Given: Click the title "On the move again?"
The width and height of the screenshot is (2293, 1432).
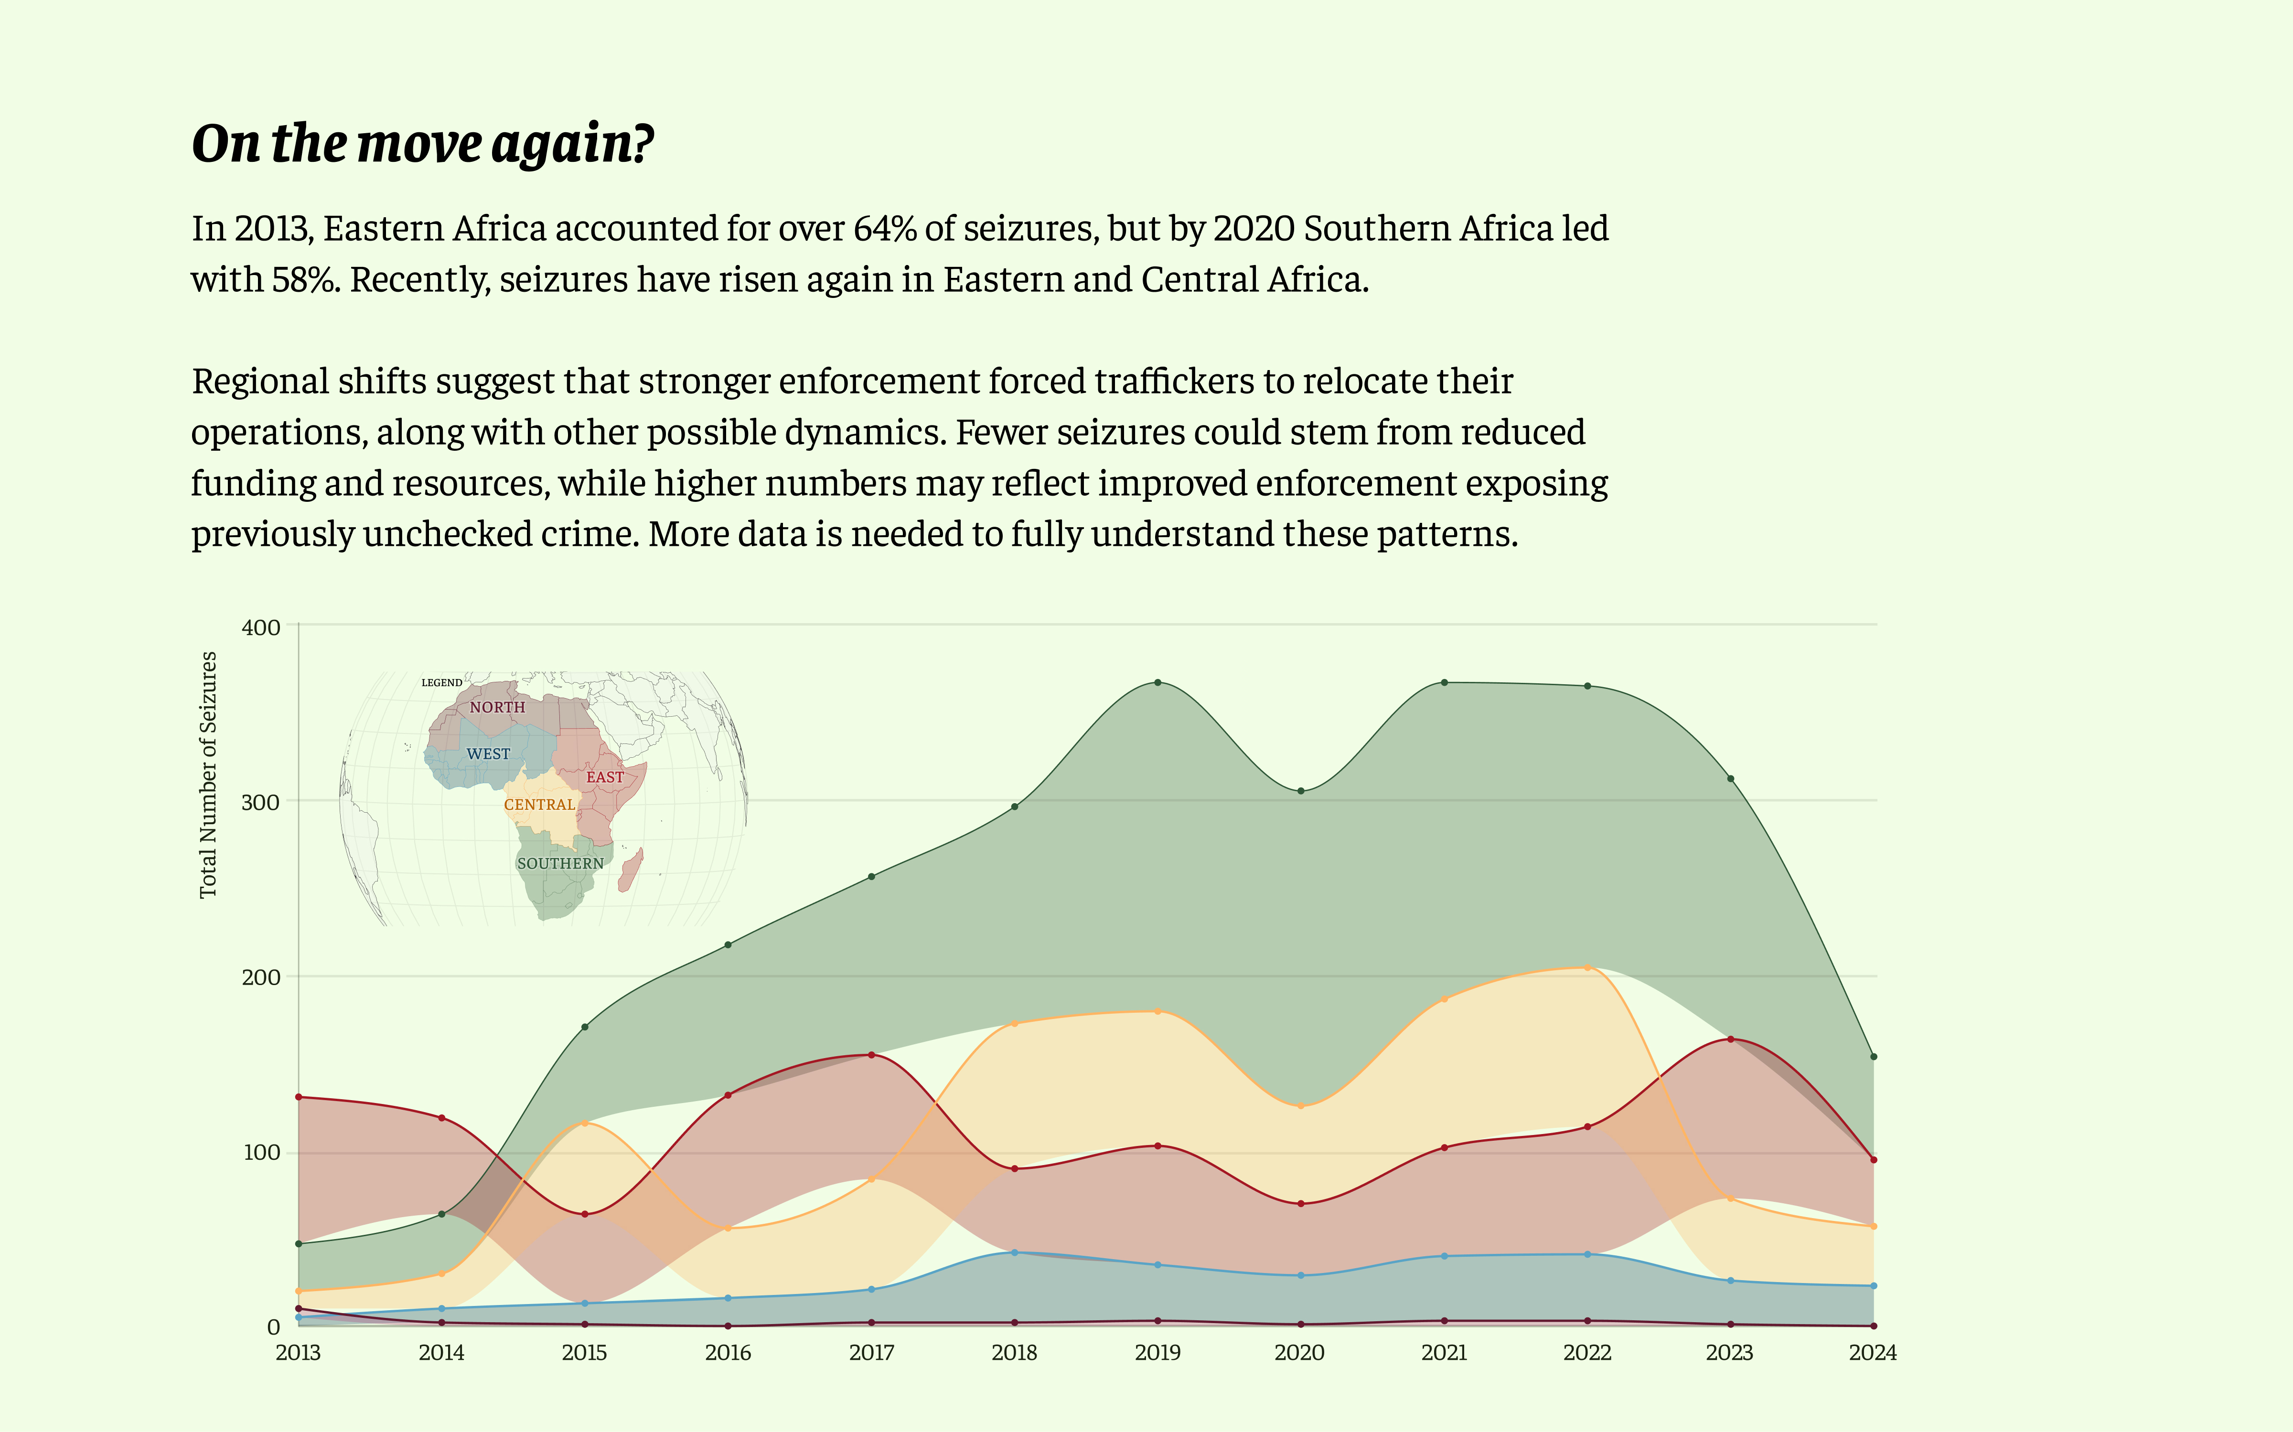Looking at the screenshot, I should click(x=423, y=144).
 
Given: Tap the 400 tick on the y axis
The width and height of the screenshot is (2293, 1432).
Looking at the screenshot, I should click(x=261, y=627).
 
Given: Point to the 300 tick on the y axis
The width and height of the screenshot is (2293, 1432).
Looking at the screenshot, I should click(x=261, y=802).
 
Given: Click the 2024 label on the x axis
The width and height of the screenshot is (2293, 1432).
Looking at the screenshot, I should click(x=1872, y=1352).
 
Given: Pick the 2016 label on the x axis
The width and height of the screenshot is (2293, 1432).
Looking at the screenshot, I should click(x=728, y=1352).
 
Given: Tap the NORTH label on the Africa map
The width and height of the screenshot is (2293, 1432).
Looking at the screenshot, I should click(x=497, y=708).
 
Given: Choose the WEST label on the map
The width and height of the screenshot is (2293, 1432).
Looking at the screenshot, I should click(x=488, y=754).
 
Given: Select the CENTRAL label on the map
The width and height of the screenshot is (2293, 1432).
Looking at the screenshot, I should click(x=539, y=805).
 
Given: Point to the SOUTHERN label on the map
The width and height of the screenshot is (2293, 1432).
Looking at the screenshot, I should click(x=560, y=864).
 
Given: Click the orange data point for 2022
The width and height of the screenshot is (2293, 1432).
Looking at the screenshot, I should click(x=1587, y=967).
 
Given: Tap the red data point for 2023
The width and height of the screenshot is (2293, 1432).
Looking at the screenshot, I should click(x=1730, y=1039).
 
